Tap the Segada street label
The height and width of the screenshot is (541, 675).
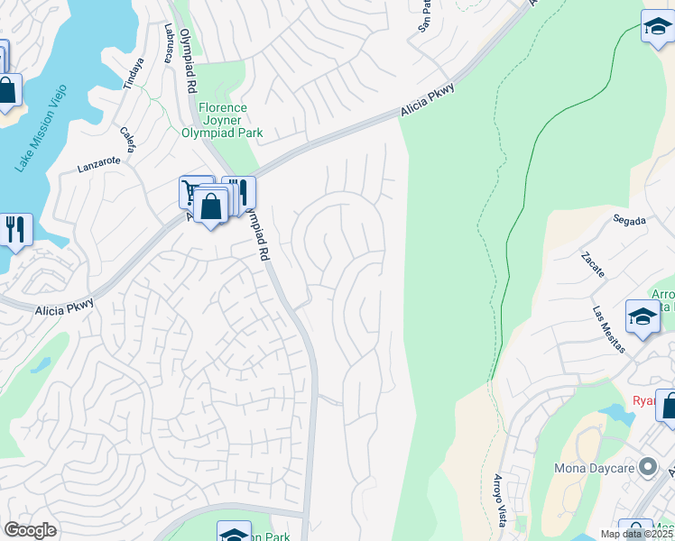(629, 219)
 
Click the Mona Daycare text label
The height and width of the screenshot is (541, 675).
(590, 468)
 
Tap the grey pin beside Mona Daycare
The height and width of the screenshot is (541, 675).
(646, 467)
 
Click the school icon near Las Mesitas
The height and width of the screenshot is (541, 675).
(643, 318)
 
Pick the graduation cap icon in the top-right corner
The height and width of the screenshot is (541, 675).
(658, 28)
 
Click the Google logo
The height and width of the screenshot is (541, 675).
(30, 530)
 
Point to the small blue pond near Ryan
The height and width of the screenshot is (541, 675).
(616, 414)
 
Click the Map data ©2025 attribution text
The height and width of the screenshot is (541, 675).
(636, 534)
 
